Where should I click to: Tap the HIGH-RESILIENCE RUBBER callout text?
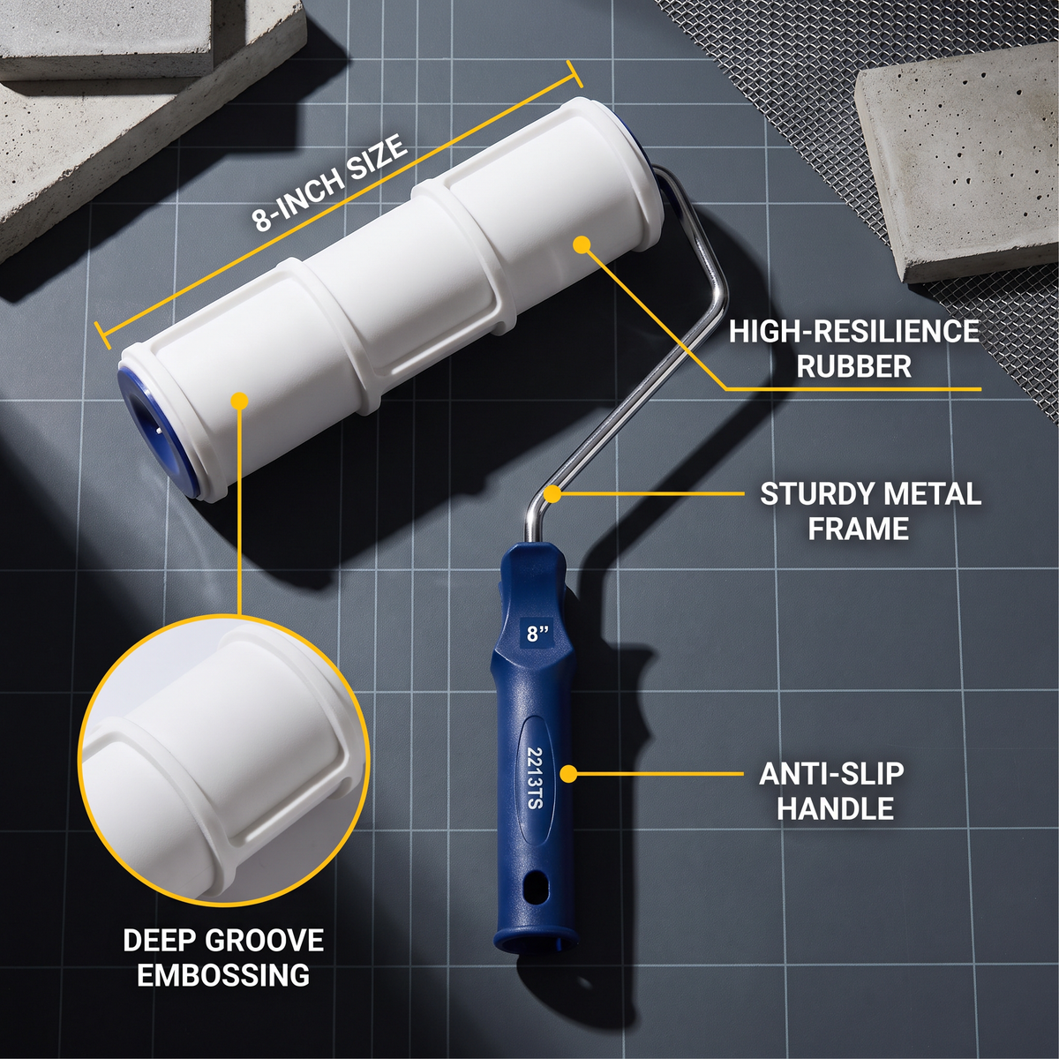click(x=854, y=349)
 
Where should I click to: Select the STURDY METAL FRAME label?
click(x=870, y=511)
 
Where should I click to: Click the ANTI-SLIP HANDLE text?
click(x=831, y=791)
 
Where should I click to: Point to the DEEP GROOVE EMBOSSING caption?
click(x=223, y=958)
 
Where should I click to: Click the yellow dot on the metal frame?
click(x=553, y=494)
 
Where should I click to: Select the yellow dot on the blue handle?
click(x=569, y=774)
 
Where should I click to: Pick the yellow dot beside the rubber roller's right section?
click(x=582, y=244)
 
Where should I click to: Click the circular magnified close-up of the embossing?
click(x=223, y=761)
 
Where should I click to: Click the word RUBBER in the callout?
click(x=854, y=366)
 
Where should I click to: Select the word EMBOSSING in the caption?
click(x=223, y=975)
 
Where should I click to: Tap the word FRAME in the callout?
click(x=859, y=529)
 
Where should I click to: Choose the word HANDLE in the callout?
click(x=836, y=808)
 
